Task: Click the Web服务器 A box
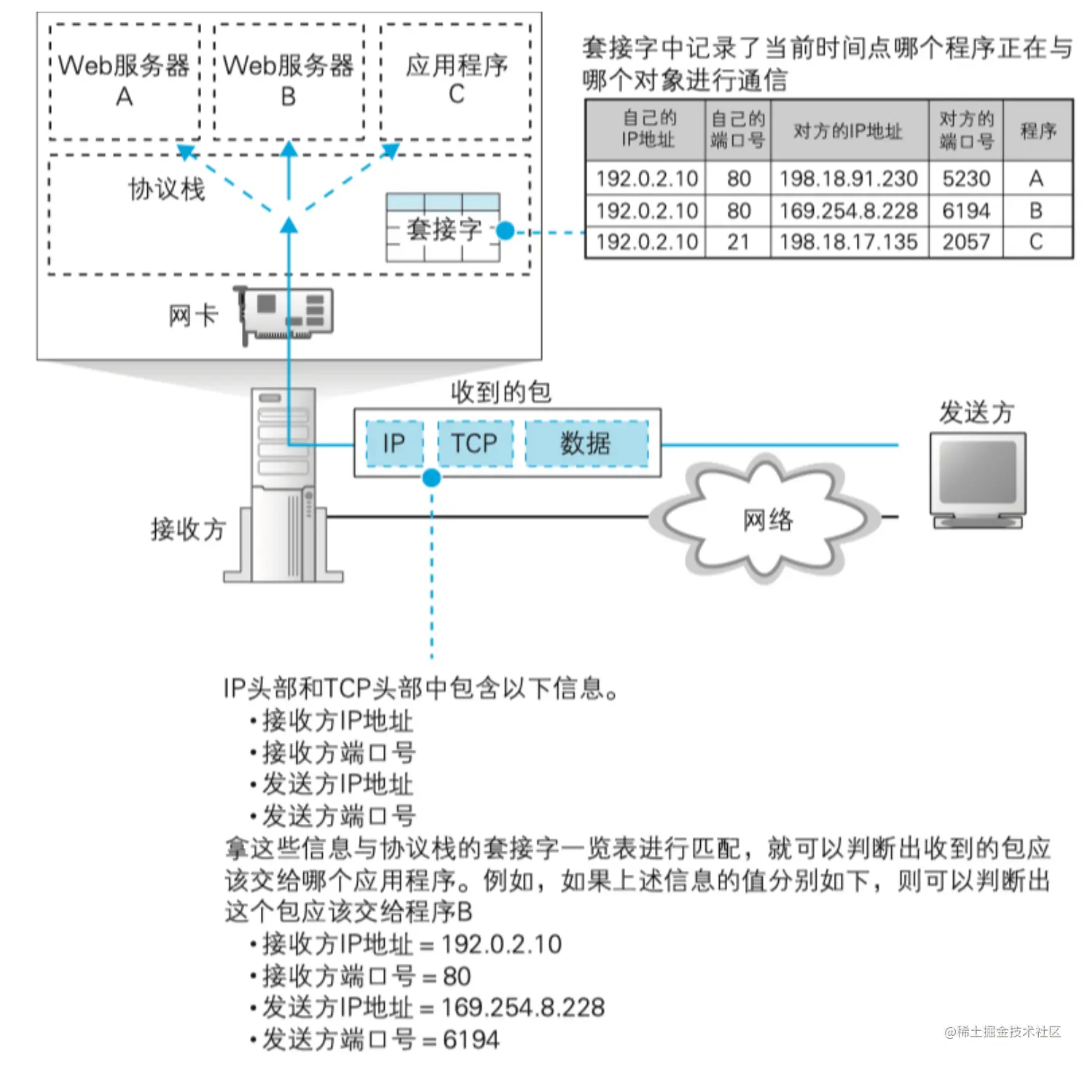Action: (124, 81)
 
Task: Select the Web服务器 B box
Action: (289, 81)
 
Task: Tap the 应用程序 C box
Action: (456, 81)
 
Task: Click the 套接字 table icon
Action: (443, 227)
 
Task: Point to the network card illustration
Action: (286, 313)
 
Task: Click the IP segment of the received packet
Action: (394, 443)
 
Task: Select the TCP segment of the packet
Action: (474, 443)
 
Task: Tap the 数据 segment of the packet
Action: (586, 443)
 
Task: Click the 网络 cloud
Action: (766, 519)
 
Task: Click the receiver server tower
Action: (284, 484)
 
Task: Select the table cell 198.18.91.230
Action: (848, 178)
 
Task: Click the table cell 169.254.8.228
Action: (848, 211)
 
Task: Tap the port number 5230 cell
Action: (966, 178)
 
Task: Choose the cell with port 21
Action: (738, 242)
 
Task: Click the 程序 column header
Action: (1037, 131)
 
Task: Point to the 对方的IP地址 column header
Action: (848, 131)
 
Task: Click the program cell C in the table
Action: (1036, 242)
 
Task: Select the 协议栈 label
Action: (167, 189)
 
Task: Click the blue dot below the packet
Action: (431, 478)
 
